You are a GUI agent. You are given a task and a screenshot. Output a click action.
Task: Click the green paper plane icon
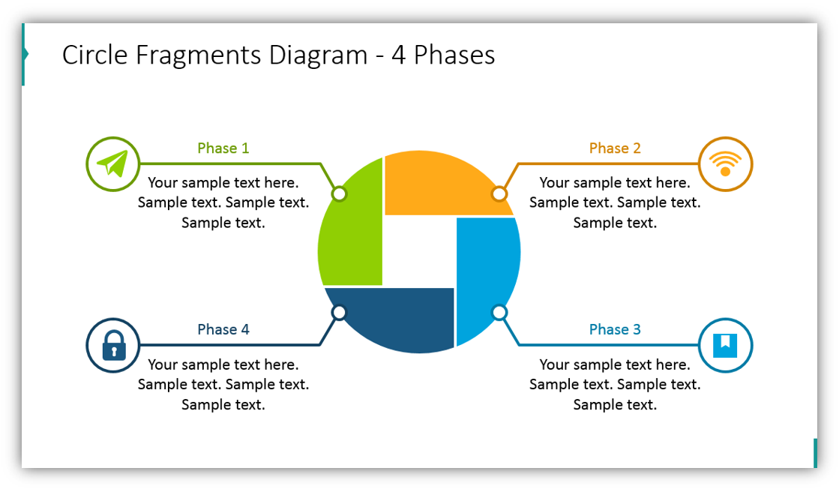click(x=113, y=163)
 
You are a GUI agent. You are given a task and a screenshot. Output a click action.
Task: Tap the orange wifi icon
click(x=725, y=163)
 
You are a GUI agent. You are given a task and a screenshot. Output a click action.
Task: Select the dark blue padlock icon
click(x=113, y=345)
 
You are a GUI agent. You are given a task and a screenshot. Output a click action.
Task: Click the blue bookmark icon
click(x=725, y=345)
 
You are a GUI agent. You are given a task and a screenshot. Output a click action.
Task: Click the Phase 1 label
click(x=223, y=148)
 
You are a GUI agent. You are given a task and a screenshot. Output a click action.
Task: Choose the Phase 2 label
click(x=615, y=148)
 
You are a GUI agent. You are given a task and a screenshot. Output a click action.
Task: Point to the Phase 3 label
click(x=615, y=329)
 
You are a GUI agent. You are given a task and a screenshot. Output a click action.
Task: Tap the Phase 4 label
click(x=223, y=329)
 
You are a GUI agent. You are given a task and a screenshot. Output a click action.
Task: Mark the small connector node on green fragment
click(x=340, y=194)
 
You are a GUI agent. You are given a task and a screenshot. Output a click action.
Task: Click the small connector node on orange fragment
click(x=499, y=194)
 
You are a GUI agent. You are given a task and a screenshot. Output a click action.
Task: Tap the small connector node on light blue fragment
click(x=499, y=312)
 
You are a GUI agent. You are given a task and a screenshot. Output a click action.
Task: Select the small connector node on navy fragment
click(x=339, y=312)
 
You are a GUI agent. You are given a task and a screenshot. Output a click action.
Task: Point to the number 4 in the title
click(x=398, y=55)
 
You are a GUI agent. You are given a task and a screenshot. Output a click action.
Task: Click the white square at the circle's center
click(x=419, y=252)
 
